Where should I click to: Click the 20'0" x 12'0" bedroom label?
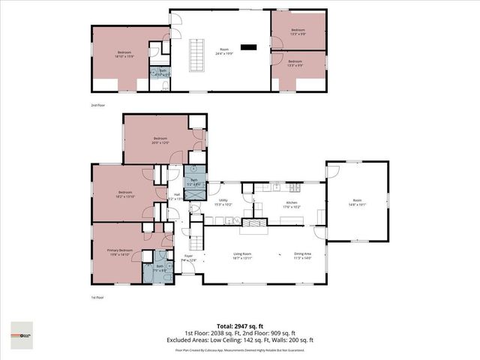click(x=160, y=140)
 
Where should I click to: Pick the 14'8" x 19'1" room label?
click(x=358, y=202)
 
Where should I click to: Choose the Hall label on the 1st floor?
click(x=177, y=196)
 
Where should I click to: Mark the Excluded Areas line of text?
click(x=240, y=340)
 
